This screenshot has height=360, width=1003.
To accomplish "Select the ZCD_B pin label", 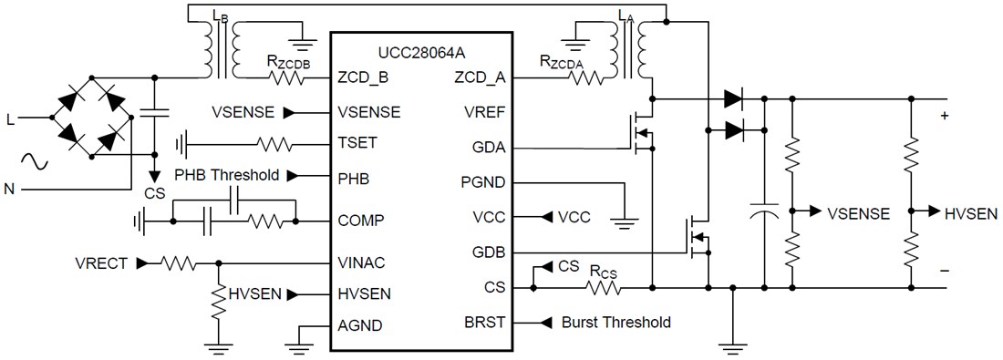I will (x=363, y=78).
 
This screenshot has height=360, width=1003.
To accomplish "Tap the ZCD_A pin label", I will (x=480, y=78).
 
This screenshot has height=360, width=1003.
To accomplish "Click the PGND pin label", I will (x=483, y=182).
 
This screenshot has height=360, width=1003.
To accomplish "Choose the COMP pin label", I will (x=359, y=220).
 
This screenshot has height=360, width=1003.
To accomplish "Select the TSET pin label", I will (x=357, y=143).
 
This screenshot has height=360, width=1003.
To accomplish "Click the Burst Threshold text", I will (x=616, y=323).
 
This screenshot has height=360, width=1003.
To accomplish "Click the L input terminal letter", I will (x=11, y=118).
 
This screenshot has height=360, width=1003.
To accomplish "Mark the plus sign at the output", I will (x=944, y=116).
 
